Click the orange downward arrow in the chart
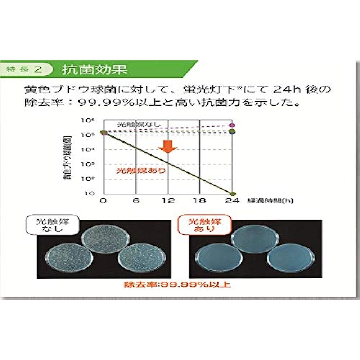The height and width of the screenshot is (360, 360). (167, 145)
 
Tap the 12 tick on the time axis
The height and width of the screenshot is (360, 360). (168, 201)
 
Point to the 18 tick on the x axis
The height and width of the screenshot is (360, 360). (200, 201)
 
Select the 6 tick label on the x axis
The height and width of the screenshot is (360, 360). (136, 201)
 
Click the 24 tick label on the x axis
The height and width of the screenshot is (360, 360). (232, 201)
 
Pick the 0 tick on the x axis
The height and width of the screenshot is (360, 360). (104, 201)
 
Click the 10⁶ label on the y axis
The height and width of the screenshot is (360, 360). (89, 121)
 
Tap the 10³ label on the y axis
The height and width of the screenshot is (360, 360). (89, 164)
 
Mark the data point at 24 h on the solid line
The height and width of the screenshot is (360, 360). (233, 193)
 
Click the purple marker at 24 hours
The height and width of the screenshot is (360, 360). (233, 125)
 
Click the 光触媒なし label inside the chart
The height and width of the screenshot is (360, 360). (134, 125)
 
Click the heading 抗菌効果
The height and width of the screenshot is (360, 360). (95, 69)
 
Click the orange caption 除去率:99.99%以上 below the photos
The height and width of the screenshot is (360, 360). (177, 285)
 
